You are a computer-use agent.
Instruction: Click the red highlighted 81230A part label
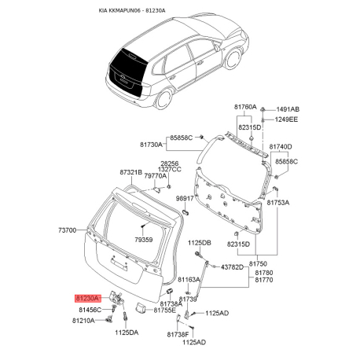point(86,299)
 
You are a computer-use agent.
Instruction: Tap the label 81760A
point(244,106)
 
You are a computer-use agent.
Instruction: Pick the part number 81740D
point(280,147)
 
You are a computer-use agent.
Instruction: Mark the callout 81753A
point(279,202)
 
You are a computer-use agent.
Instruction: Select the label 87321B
point(131,172)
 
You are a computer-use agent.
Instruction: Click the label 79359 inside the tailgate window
point(144,240)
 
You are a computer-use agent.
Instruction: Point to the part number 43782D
point(234,266)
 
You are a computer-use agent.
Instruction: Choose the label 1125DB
point(200,244)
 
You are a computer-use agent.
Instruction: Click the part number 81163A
point(189,279)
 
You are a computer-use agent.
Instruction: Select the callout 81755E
point(165,311)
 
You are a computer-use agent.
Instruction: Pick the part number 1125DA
point(126,332)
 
